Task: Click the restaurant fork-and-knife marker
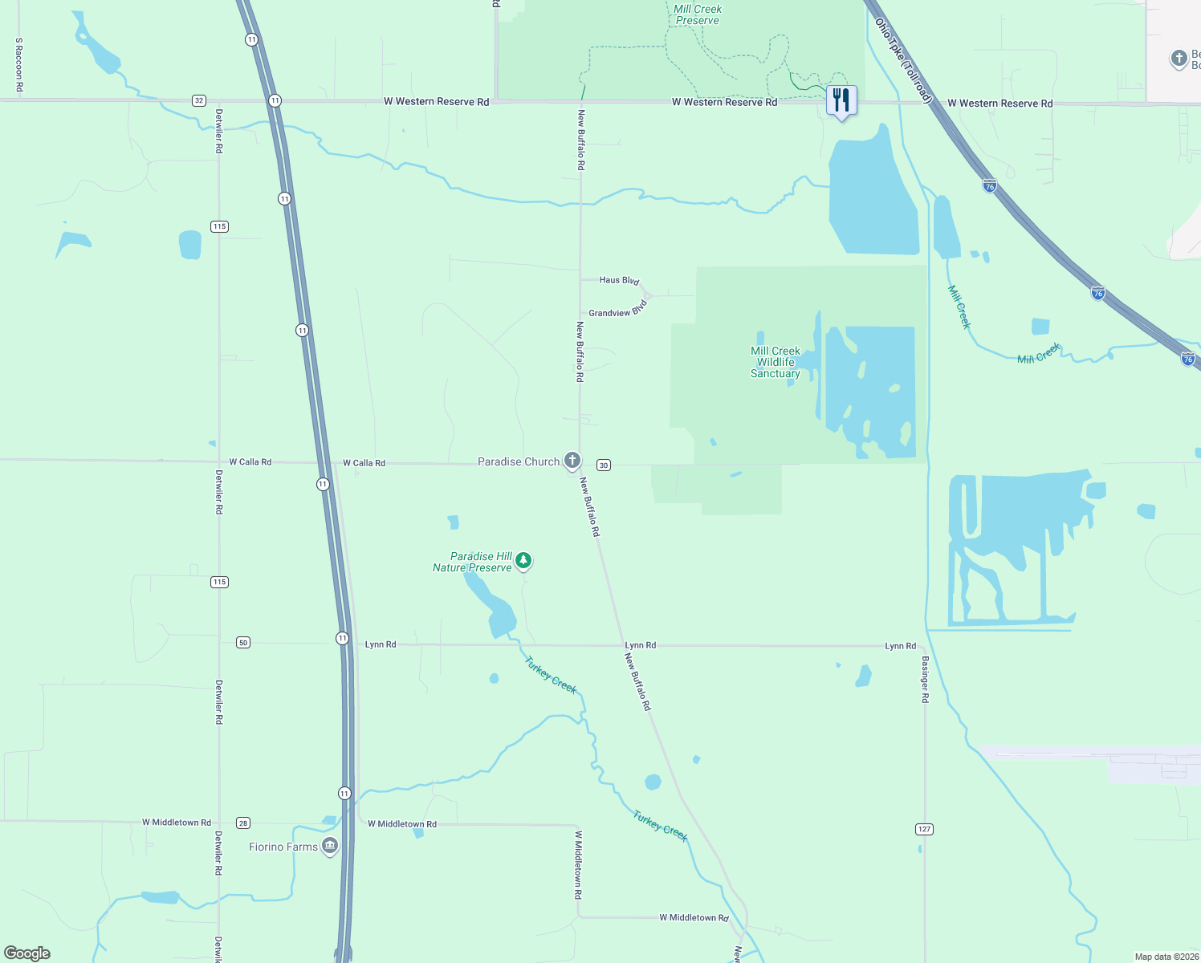pos(841,100)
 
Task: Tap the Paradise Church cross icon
pos(572,461)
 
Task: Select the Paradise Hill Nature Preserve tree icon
pos(523,560)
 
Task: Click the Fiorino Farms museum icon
pos(329,846)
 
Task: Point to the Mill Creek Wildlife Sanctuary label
pos(775,362)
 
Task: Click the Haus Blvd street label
pos(619,280)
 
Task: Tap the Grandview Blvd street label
pos(617,311)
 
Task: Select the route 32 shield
pos(199,100)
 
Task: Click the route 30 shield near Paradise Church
pos(604,465)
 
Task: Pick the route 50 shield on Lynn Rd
pos(243,642)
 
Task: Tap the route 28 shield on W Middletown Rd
pos(243,823)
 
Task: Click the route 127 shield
pos(924,829)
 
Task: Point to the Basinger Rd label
pos(925,680)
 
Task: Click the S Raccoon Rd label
pos(19,64)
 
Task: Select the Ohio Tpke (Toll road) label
pos(903,60)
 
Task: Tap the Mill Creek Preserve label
pos(697,14)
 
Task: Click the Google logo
pos(27,953)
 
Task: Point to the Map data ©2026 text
pos(1166,957)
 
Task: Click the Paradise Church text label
pos(518,461)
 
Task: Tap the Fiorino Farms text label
pos(283,847)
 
